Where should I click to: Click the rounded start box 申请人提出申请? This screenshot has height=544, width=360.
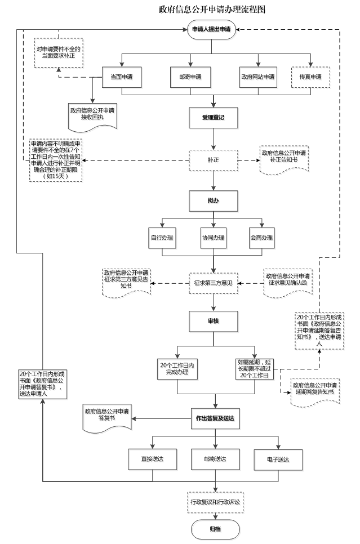coord(213,32)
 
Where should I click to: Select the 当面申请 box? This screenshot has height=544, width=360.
coord(122,78)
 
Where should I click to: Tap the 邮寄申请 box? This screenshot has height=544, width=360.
coord(190,78)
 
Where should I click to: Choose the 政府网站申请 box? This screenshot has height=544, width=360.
coord(259,78)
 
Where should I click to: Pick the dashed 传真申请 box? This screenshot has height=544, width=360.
coord(311,78)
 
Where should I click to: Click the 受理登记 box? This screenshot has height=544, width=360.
coord(214,118)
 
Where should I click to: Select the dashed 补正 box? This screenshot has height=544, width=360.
coord(214,160)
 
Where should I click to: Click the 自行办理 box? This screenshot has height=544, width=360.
coord(162,239)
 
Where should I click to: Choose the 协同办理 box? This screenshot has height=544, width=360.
coord(214,239)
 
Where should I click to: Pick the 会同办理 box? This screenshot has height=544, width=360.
coord(263,239)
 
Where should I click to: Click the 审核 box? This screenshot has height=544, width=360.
coord(214,321)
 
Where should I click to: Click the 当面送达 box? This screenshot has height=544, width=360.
coord(153,460)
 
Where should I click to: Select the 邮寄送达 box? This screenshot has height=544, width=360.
coord(216,460)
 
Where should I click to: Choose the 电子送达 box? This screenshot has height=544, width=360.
coord(279,460)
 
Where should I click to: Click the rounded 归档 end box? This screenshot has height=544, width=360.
coord(216,529)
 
